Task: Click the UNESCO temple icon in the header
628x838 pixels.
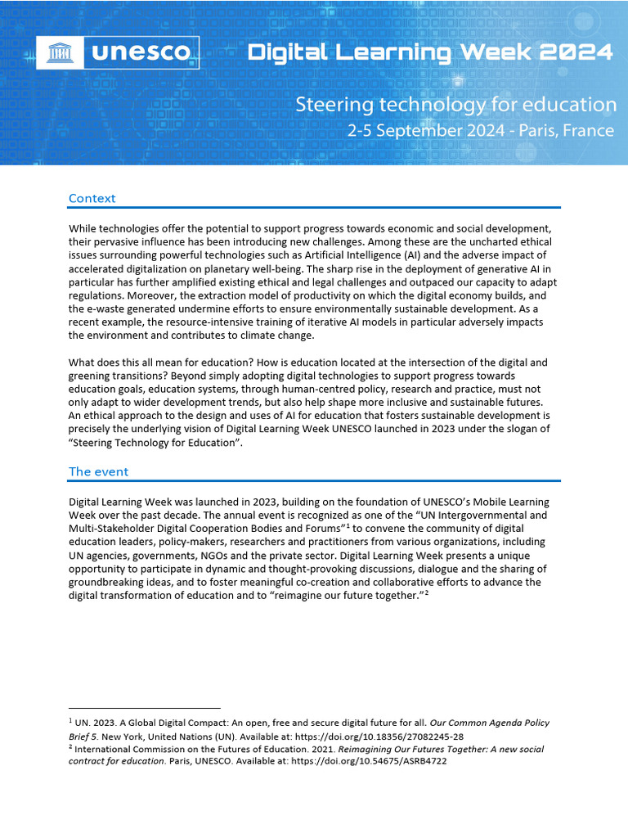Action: click(61, 54)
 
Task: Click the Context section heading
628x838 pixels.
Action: click(92, 198)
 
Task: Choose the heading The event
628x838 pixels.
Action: click(98, 471)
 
